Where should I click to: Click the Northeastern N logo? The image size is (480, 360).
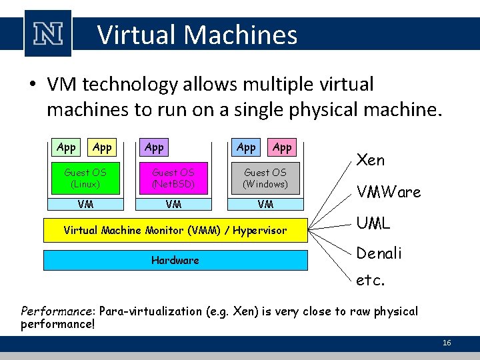click(47, 33)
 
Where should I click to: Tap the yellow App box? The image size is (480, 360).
click(102, 147)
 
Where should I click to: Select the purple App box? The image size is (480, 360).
click(154, 147)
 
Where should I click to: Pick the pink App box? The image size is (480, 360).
click(282, 147)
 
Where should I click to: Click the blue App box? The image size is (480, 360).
click(246, 147)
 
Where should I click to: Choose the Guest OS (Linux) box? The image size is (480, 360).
click(85, 177)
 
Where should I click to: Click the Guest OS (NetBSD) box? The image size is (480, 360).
click(173, 177)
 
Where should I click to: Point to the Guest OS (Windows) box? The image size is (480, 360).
click(265, 177)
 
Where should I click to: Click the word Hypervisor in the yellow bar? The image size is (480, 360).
click(259, 231)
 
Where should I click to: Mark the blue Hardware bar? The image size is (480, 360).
click(175, 260)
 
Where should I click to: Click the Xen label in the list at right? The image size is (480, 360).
click(371, 160)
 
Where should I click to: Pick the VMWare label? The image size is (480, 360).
click(389, 193)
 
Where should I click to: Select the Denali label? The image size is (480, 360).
click(379, 253)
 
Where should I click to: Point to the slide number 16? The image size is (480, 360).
click(447, 343)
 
